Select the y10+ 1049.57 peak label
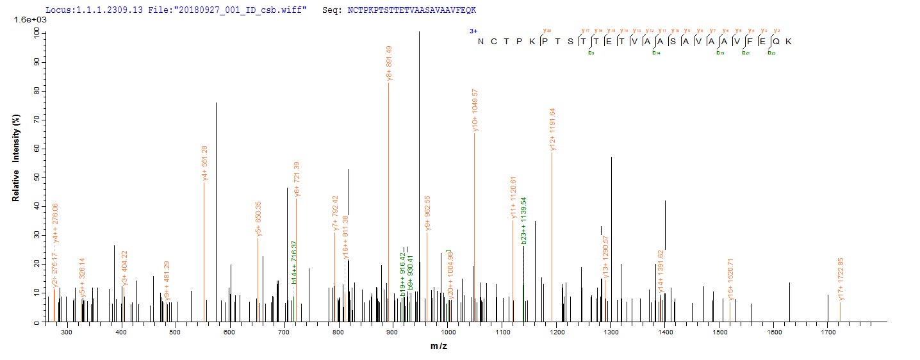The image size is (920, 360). pos(475,110)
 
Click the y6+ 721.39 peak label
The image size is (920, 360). pos(297,181)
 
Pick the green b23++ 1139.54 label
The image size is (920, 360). pos(524,225)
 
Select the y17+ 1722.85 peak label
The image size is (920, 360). pos(840,279)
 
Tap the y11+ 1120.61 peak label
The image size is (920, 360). pos(513,198)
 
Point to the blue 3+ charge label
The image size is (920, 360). pos(473,31)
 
